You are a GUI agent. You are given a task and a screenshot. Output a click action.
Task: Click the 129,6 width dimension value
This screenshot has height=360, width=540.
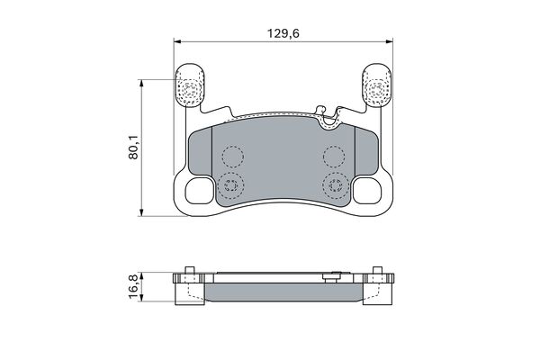[283, 33]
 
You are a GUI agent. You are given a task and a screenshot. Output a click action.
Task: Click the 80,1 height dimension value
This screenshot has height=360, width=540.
[133, 147]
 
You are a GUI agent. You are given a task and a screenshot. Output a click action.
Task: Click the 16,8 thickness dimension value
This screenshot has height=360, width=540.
[133, 286]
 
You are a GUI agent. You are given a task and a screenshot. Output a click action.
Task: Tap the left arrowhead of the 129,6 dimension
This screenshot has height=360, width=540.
[177, 41]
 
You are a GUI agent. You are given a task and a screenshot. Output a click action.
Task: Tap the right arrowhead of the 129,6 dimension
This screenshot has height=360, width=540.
[389, 41]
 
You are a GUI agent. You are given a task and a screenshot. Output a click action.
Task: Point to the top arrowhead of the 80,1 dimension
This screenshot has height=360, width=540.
[140, 84]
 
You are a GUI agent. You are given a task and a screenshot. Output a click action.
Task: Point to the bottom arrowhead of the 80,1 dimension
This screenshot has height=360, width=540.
[140, 212]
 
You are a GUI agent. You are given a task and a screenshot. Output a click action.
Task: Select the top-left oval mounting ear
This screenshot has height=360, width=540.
[191, 85]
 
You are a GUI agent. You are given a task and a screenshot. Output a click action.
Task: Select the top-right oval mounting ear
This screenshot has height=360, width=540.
[376, 85]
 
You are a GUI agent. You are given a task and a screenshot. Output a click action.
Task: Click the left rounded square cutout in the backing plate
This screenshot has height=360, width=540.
[199, 191]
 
